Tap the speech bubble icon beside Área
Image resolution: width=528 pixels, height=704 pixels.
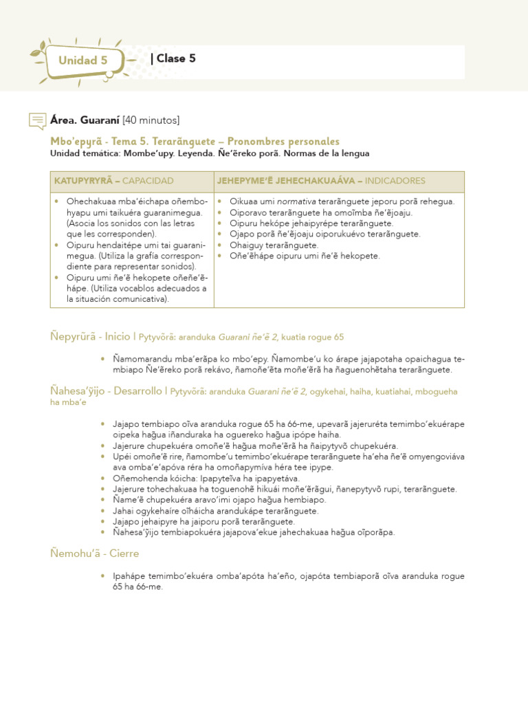coord(38,121)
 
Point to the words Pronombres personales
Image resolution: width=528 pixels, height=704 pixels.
coord(283,141)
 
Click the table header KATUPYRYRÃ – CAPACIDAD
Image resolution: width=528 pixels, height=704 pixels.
coord(113,181)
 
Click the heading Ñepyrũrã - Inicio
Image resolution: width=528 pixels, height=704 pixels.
coord(90,337)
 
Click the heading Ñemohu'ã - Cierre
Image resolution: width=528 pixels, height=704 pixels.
coord(94,553)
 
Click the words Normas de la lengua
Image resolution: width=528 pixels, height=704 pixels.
coord(326,153)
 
